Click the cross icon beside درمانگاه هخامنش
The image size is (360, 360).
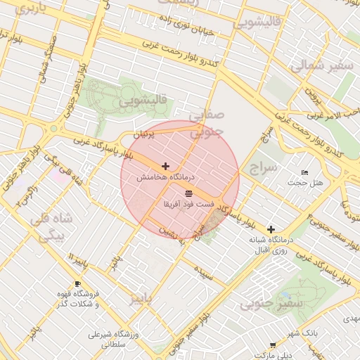(x=165, y=167)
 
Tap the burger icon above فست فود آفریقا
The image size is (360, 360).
(x=188, y=193)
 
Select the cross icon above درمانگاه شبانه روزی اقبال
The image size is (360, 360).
(x=271, y=229)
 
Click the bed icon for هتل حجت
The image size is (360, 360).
(x=304, y=172)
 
